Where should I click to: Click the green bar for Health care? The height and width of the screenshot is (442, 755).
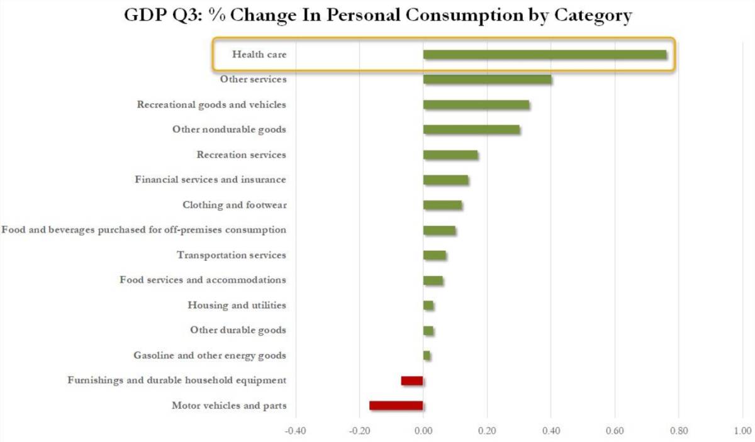(544, 54)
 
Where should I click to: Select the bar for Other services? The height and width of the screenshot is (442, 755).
(487, 79)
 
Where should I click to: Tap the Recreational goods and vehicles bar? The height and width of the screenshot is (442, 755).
(476, 104)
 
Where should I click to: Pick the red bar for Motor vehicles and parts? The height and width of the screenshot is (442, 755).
(396, 406)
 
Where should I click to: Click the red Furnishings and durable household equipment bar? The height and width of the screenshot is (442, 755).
(412, 380)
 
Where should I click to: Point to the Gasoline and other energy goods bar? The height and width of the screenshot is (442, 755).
(427, 355)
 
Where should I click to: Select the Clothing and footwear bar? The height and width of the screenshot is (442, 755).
(442, 205)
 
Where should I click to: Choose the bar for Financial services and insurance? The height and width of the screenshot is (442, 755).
(445, 180)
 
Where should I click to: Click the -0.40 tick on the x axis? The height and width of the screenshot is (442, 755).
(295, 431)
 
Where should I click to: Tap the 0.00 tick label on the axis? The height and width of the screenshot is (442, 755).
(423, 431)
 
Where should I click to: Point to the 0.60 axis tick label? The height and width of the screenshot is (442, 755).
(615, 431)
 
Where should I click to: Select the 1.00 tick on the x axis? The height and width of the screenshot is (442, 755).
(742, 431)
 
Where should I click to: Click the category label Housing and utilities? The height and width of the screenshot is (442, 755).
(237, 305)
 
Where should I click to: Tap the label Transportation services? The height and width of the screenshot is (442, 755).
(231, 255)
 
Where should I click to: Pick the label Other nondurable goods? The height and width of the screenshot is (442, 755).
(229, 130)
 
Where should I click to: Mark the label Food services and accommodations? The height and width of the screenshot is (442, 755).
(203, 280)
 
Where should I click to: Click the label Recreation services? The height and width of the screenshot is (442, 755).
(241, 155)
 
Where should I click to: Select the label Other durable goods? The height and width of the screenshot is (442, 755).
(238, 330)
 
